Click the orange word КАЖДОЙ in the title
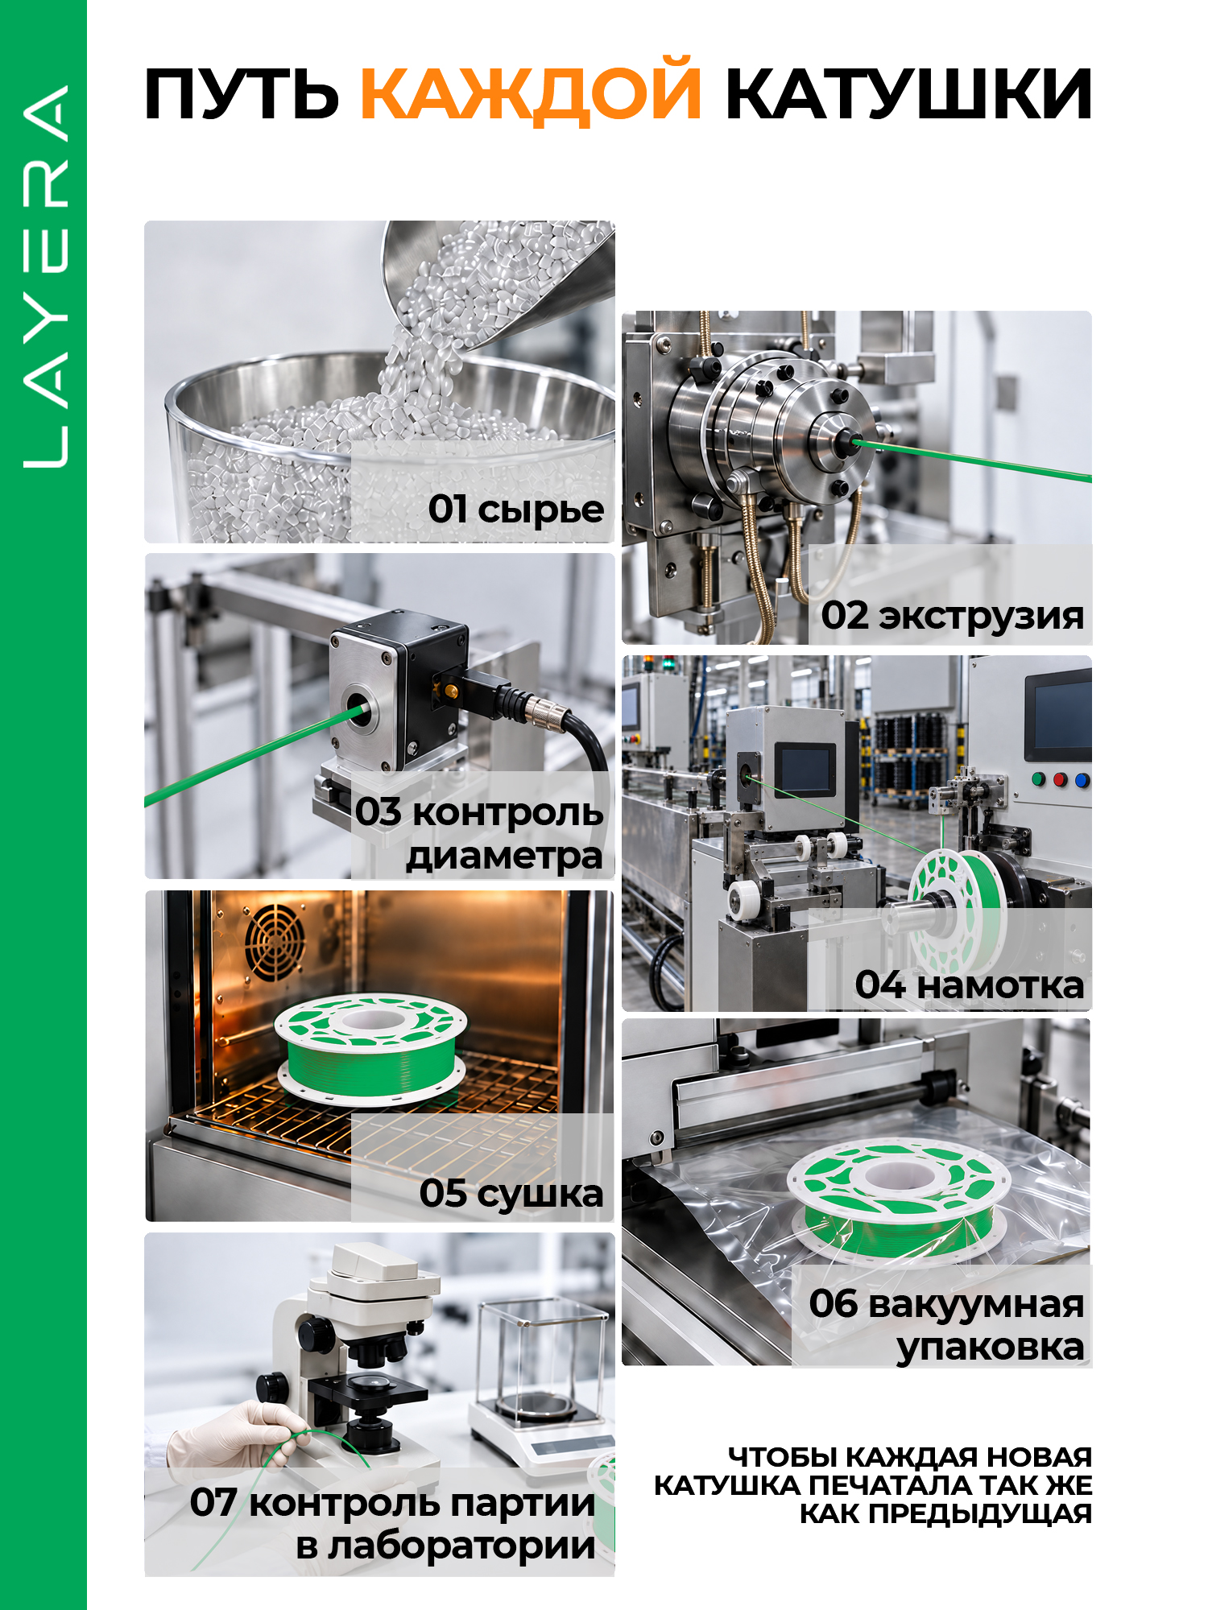pos(531,93)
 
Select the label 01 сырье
pos(515,510)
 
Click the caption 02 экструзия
pos(952,616)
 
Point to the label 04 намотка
pos(969,985)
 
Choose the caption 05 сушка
pos(511,1193)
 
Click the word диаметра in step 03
pos(504,857)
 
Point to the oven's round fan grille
pos(275,942)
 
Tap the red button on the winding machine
pos(1060,779)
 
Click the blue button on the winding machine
pos(1082,780)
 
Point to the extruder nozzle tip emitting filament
pos(845,440)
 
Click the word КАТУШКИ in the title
pos(908,94)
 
